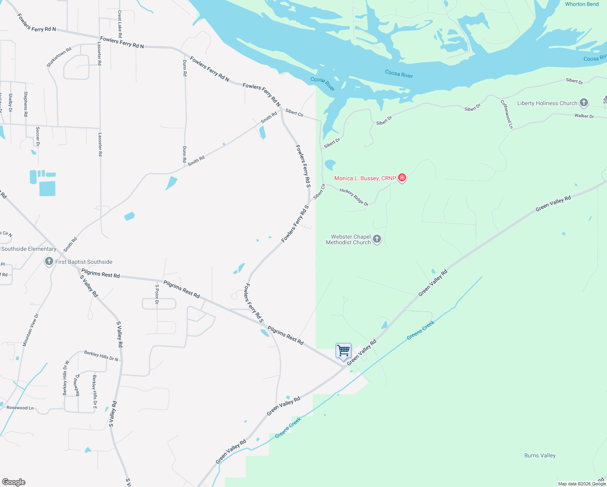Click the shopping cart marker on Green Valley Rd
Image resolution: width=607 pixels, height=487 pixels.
tap(343, 350)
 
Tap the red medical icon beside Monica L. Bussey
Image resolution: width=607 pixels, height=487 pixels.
tap(402, 178)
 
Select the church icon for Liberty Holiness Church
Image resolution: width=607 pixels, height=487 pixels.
tap(584, 103)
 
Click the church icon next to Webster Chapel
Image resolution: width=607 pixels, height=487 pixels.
tap(377, 239)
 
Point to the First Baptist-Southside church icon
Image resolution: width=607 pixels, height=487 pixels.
tap(49, 261)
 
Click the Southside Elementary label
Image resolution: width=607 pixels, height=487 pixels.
tap(29, 249)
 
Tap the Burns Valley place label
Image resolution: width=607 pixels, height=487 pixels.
tap(540, 455)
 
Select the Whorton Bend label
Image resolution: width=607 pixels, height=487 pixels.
tap(581, 4)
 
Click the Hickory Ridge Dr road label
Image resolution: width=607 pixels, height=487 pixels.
tap(354, 197)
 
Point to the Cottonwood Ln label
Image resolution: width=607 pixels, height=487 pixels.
tap(506, 114)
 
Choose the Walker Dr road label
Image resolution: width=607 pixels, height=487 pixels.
tap(584, 116)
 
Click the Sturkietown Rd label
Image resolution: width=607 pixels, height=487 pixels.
tap(59, 57)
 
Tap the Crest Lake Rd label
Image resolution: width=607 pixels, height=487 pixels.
tap(120, 24)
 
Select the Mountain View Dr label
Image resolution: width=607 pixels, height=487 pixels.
tap(30, 330)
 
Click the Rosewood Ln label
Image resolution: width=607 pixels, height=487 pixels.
tap(20, 408)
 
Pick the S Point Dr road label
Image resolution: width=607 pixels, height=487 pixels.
tap(157, 294)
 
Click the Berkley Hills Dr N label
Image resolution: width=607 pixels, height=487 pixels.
tap(101, 356)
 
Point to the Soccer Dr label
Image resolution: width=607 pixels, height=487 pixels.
tap(38, 136)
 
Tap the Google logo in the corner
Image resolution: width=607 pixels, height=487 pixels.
tap(14, 482)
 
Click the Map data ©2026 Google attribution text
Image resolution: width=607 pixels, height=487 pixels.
tap(581, 484)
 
